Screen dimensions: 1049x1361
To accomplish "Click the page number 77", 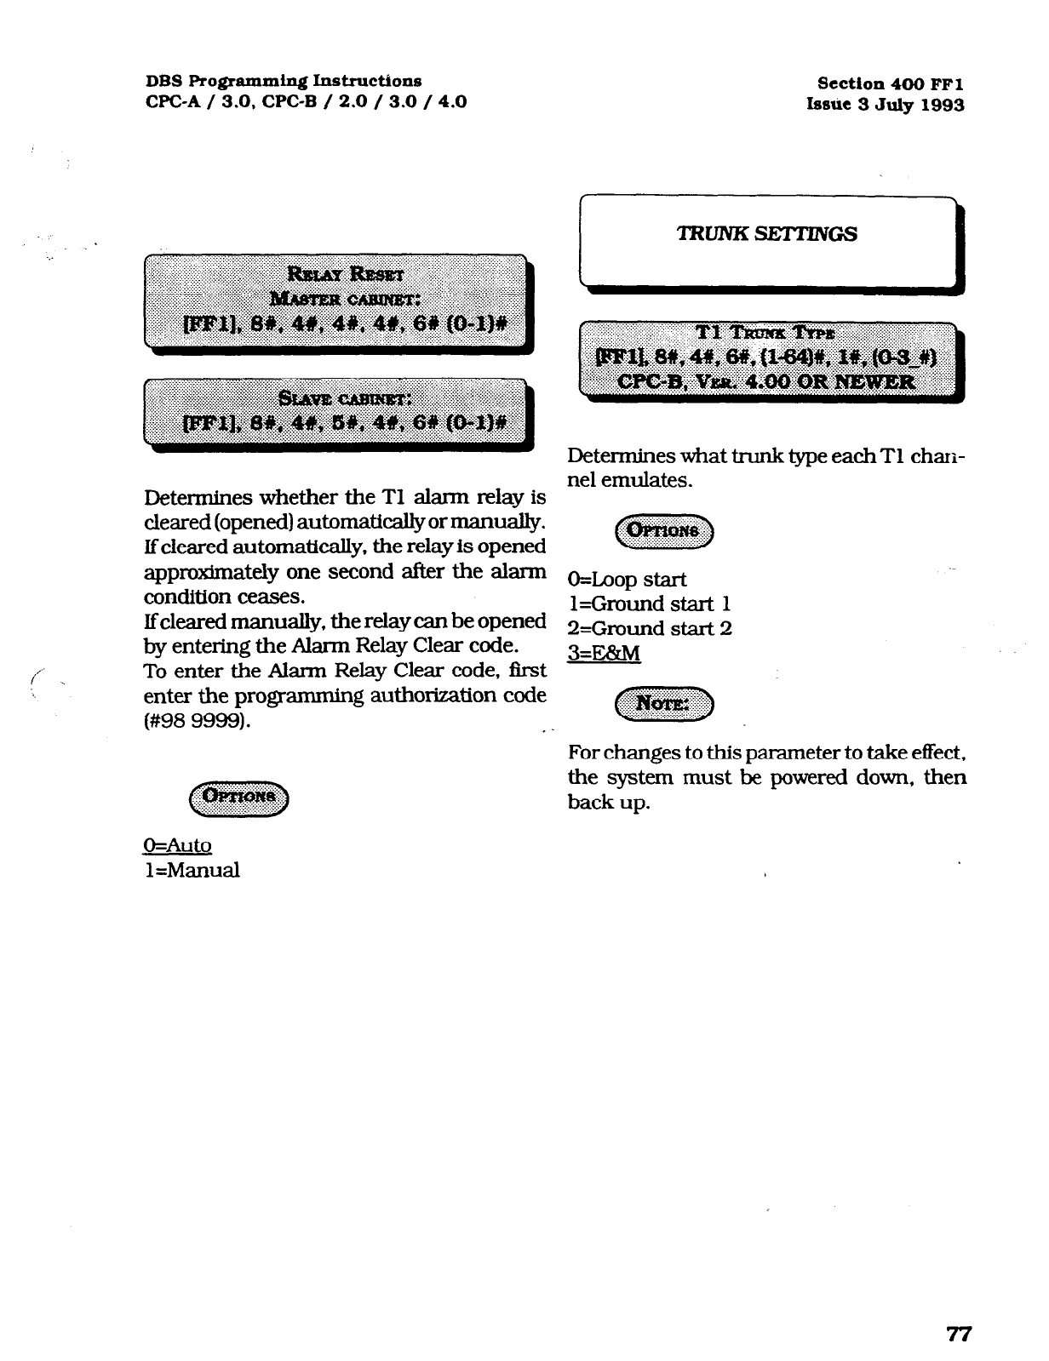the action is (x=960, y=1334).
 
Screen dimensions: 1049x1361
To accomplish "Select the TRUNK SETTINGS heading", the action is (x=766, y=234).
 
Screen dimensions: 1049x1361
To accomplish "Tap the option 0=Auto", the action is (x=177, y=845).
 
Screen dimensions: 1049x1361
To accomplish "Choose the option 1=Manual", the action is (x=192, y=870).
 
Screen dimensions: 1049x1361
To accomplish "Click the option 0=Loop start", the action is (x=627, y=580).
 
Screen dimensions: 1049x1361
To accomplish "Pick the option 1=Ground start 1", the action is (x=649, y=604).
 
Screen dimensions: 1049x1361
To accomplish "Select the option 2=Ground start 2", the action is (x=650, y=629).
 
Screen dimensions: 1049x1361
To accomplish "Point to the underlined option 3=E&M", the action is (x=604, y=654).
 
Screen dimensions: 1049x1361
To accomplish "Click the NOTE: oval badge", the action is (x=665, y=704).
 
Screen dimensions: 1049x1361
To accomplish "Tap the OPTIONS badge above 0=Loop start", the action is (x=665, y=531).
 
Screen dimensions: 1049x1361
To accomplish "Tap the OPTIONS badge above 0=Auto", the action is (x=239, y=797).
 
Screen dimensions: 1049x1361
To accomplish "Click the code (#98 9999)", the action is (x=198, y=721).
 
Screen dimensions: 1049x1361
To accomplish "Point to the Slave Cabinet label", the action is (x=346, y=397).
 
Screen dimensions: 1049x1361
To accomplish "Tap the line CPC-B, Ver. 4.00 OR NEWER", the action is (x=766, y=381).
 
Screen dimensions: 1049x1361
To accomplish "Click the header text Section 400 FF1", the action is (x=890, y=83).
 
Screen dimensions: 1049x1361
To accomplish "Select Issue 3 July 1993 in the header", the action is (x=886, y=106).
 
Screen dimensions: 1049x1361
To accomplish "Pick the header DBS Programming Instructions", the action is (x=284, y=81).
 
